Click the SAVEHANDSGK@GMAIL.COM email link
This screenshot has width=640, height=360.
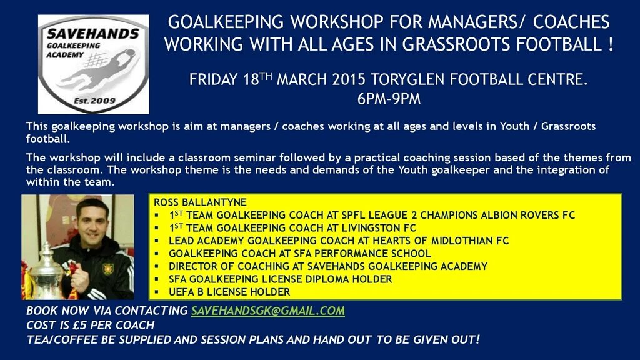tap(267, 311)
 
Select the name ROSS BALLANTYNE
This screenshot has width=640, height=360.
tap(200, 202)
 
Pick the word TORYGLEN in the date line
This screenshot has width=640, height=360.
tap(405, 80)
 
